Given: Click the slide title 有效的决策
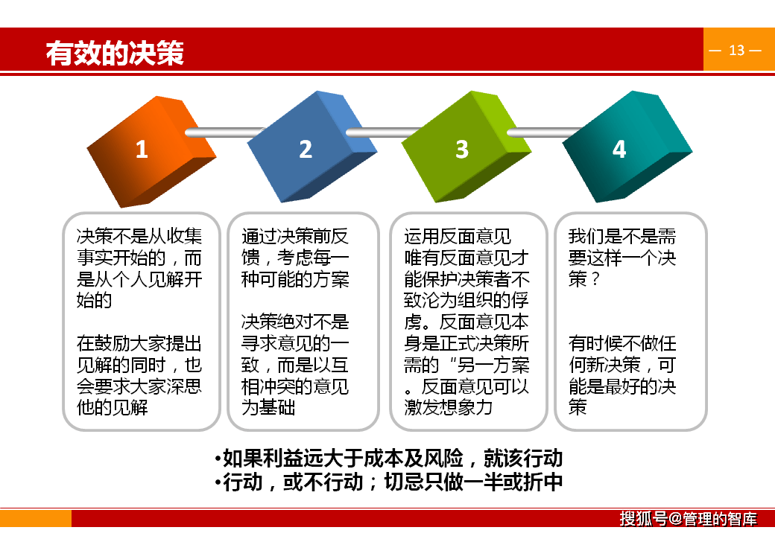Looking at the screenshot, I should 115,54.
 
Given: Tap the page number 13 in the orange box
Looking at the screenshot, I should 736,51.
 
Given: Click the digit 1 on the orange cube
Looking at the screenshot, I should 142,150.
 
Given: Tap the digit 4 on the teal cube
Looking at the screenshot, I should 619,150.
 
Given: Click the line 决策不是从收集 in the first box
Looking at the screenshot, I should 139,237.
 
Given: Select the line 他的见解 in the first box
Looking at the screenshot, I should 113,407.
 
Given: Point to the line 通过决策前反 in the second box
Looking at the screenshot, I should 295,237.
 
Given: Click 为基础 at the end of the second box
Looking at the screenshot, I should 268,407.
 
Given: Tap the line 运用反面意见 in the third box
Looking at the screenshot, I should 458,237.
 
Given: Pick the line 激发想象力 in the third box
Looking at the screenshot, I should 449,407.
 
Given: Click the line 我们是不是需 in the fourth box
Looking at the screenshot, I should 622,237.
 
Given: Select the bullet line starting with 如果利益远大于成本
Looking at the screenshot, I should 387,457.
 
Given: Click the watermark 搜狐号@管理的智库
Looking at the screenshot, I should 688,519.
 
